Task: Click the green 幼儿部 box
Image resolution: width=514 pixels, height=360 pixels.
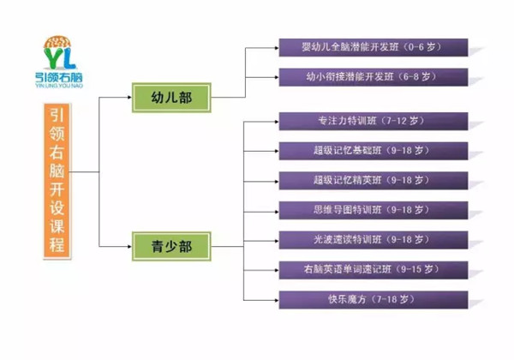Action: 171,98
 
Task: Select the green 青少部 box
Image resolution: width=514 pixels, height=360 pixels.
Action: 171,247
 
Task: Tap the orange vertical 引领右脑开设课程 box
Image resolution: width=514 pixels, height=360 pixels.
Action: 57,181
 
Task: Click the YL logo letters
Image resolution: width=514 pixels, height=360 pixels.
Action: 60,58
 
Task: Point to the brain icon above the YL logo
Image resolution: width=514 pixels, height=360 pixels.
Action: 57,42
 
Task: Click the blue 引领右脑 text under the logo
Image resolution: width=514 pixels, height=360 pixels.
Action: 59,77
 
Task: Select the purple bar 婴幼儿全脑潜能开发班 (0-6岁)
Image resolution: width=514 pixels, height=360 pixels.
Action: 374,47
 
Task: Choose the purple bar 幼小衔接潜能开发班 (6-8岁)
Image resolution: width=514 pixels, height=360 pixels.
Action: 374,77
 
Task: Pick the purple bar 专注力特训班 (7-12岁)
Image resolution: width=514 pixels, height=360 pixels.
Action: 374,122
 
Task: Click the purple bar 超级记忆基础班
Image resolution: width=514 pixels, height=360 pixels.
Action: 374,151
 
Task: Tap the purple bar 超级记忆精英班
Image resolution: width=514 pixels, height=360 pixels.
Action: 374,181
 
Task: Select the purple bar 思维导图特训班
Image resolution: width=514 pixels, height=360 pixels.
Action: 374,211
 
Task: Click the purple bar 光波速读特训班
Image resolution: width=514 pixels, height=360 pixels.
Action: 374,240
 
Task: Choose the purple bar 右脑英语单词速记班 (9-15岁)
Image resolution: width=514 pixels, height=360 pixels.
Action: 374,270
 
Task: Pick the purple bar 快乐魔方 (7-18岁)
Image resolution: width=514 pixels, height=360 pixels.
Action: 374,300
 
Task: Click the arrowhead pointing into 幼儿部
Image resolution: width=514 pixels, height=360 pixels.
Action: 129,97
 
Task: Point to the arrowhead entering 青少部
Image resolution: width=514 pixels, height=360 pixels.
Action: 129,246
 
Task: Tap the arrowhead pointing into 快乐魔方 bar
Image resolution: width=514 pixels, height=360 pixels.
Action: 277,300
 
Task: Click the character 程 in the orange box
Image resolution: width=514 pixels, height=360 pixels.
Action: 57,244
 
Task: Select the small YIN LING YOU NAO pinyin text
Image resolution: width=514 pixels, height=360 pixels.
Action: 59,86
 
